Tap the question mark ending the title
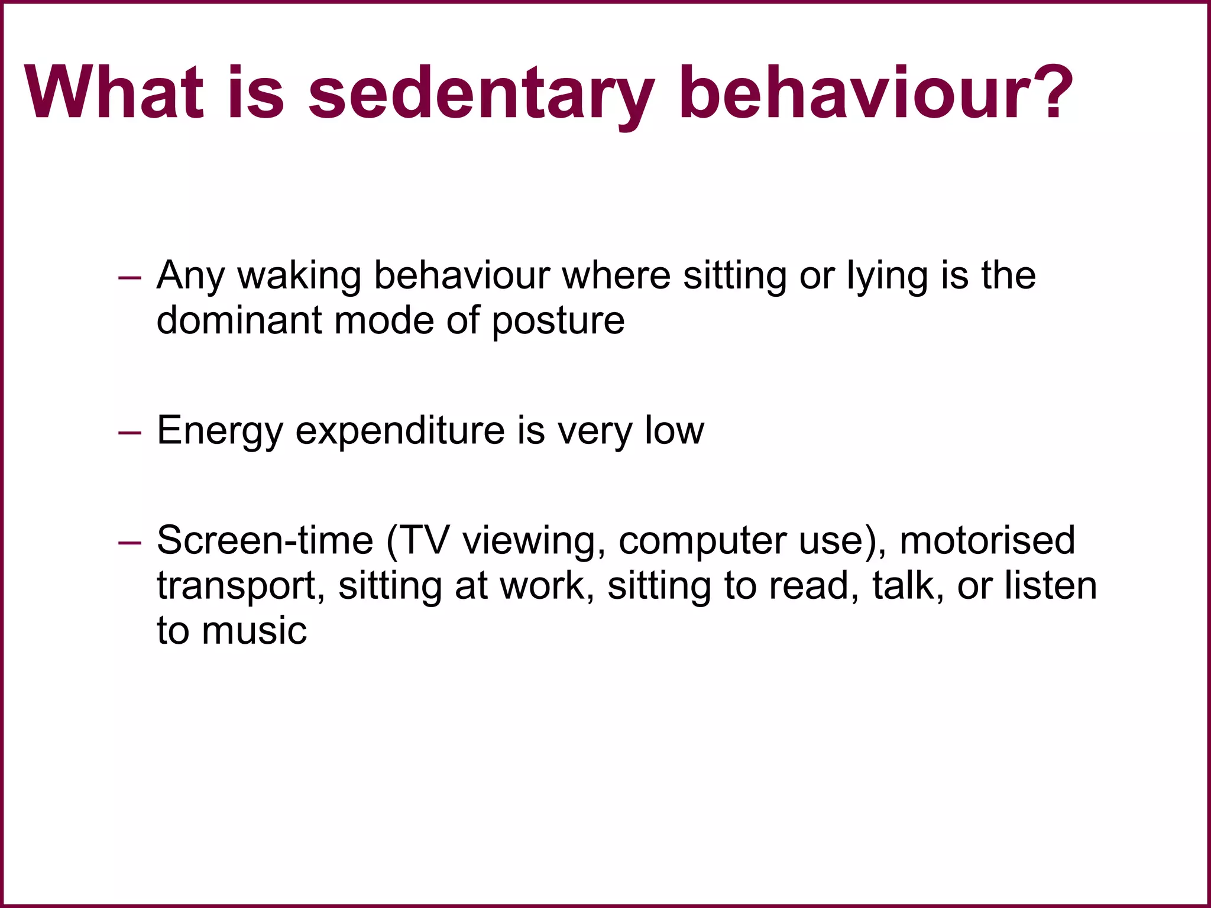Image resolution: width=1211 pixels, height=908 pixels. [1046, 92]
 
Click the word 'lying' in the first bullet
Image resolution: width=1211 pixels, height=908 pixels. [888, 276]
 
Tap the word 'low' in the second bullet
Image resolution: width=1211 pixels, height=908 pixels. [674, 430]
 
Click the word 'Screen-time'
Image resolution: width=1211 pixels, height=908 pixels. [265, 540]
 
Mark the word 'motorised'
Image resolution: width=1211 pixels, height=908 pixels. [987, 540]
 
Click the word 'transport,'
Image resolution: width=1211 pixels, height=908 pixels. [241, 586]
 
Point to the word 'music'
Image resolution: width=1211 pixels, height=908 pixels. [254, 631]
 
